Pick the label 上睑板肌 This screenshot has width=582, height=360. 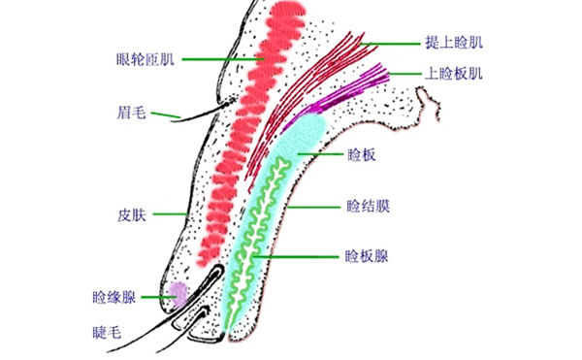pyautogui.click(x=453, y=73)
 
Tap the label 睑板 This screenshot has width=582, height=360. pyautogui.click(x=360, y=155)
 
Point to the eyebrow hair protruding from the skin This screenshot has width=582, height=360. pyautogui.click(x=194, y=111)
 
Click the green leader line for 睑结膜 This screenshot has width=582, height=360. pyautogui.click(x=310, y=207)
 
